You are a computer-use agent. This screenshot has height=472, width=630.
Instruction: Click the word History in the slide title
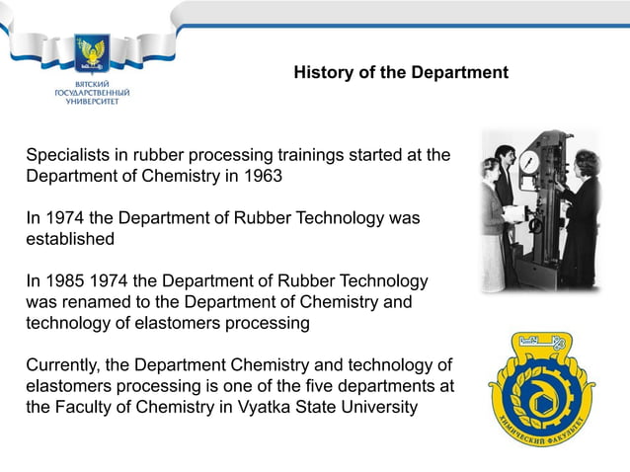click(x=324, y=73)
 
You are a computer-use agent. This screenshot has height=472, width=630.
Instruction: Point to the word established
click(x=69, y=239)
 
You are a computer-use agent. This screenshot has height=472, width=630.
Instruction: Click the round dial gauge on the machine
click(x=530, y=160)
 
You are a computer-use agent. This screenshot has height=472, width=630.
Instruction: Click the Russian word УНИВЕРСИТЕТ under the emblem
click(x=90, y=102)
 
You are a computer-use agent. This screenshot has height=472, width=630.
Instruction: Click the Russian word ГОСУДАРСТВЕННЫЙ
click(x=90, y=94)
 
